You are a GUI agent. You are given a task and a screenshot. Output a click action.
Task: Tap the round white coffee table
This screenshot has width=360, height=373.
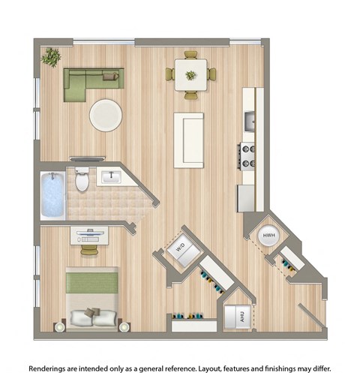(106, 115)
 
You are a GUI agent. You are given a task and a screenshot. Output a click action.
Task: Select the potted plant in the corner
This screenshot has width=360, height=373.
(52, 56)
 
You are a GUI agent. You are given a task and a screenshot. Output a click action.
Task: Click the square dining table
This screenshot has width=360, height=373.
(190, 76)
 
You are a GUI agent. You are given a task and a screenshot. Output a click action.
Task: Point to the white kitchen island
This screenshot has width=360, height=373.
(189, 140)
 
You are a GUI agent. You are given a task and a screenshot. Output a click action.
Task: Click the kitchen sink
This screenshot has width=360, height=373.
(249, 120)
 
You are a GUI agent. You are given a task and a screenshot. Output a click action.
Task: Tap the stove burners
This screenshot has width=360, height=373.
(247, 155)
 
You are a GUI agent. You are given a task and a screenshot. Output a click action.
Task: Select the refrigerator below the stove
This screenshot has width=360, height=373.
(247, 197)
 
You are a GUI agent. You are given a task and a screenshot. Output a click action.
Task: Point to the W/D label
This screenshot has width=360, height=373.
(180, 245)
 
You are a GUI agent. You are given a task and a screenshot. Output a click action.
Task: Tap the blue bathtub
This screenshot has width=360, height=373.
(52, 195)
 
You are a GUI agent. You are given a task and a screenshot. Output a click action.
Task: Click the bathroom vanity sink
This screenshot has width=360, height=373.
(111, 178)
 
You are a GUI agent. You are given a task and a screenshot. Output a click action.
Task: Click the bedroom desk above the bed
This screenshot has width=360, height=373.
(90, 235)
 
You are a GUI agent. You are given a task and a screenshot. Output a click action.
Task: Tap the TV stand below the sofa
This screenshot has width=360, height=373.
(88, 158)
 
